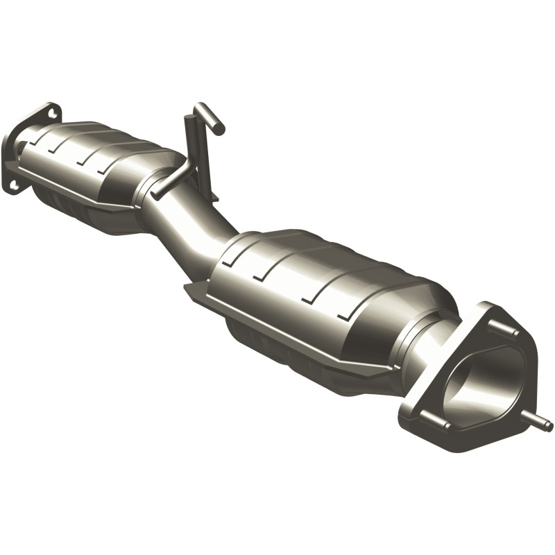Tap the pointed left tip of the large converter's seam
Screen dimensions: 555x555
(x=187, y=286)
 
